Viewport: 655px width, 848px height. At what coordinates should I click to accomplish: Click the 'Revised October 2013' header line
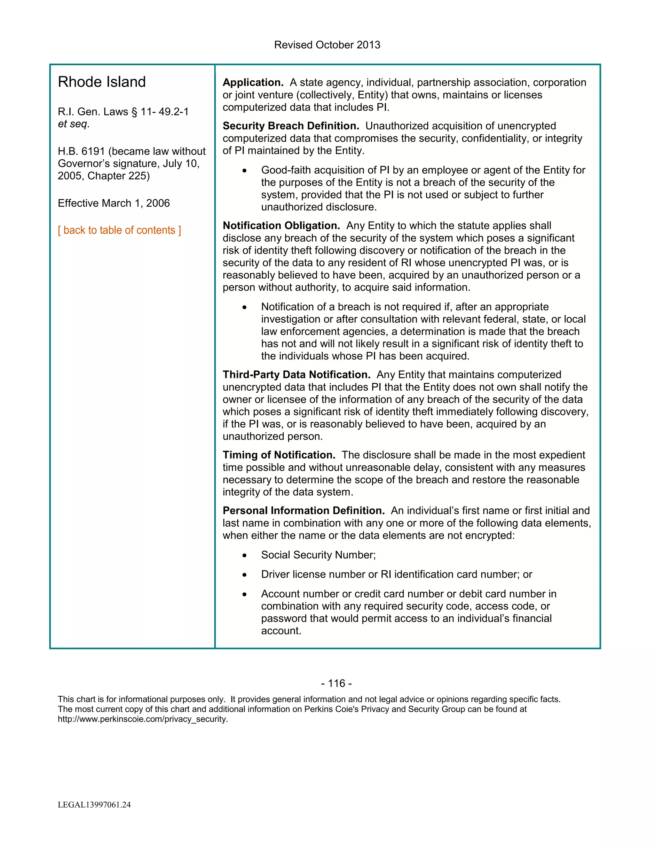(327, 45)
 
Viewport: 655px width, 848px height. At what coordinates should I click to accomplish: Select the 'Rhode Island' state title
(102, 82)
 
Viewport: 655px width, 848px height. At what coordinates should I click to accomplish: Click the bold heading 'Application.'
(253, 82)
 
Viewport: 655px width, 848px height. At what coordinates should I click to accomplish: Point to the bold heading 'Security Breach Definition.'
(291, 126)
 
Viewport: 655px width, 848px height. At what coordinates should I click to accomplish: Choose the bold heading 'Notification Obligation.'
(281, 226)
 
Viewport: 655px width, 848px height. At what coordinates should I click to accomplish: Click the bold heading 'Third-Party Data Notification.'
(296, 375)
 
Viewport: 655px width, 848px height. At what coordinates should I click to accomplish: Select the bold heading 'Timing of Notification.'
(279, 455)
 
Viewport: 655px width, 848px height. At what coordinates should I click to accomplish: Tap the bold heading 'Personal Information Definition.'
(304, 511)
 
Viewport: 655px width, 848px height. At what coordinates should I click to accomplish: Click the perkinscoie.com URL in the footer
(143, 719)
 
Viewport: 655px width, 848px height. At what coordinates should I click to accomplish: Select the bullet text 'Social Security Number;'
(318, 555)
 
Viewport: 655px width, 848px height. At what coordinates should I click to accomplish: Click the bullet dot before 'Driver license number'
(244, 575)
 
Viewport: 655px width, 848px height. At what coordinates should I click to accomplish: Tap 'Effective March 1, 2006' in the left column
(114, 203)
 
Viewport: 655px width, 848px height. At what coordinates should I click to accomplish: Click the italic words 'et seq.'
(73, 124)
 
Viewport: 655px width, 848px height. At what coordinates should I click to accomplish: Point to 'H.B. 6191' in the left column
(81, 151)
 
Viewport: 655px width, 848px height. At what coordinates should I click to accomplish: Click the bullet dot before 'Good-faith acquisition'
(244, 171)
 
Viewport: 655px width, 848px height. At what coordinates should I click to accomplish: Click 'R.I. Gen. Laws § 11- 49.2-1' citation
(123, 112)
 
